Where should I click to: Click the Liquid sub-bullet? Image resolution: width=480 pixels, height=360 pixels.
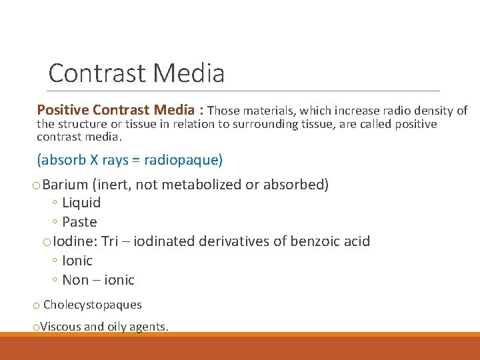click(x=81, y=203)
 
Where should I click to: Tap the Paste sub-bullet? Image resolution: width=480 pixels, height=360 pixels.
click(x=79, y=222)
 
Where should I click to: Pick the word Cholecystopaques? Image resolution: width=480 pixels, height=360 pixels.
click(x=93, y=305)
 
